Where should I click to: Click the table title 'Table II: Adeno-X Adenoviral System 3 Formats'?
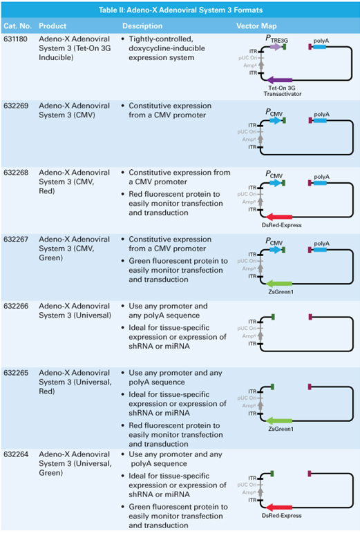point(180,10)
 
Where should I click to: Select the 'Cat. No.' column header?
point(17,26)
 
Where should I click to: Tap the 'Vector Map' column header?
point(256,26)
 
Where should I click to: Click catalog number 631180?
point(15,39)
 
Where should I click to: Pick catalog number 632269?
point(16,106)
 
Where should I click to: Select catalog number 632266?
point(16,306)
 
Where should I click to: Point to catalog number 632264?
point(16,454)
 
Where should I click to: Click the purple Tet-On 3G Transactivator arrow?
point(279,80)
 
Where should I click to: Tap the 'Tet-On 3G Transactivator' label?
point(282,90)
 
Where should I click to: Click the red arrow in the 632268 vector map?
point(278,217)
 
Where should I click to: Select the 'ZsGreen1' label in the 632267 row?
point(281,291)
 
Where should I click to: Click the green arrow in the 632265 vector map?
point(278,421)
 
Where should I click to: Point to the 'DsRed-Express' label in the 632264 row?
point(281,515)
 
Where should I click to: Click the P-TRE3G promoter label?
point(276,39)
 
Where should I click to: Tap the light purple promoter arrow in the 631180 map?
point(276,46)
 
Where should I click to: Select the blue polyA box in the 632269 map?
point(320,120)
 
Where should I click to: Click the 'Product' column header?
point(53,26)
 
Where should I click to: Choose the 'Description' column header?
point(142,26)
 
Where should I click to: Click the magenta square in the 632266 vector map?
point(310,317)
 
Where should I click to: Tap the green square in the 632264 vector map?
point(272,474)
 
